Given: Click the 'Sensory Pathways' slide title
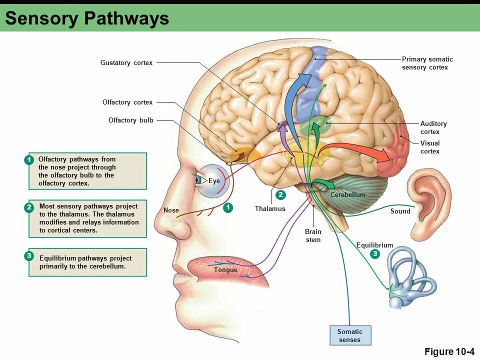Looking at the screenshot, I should (87, 18).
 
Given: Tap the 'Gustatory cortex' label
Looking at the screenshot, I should (126, 63).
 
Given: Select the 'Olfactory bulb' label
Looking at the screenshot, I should (130, 120).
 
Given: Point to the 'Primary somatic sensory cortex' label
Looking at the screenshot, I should (427, 63).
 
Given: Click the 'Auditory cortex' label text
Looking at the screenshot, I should (433, 127).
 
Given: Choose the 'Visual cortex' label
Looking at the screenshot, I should (429, 147).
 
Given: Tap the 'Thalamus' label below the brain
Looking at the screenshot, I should (270, 208).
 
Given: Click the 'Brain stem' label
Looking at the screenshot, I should (313, 235).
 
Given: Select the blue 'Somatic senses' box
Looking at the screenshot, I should (350, 335).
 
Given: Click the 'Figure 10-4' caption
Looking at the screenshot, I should (449, 352).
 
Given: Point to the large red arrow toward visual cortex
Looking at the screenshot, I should (360, 151).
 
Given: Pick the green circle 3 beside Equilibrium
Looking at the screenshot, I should (375, 254).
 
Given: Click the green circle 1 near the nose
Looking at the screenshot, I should (228, 207).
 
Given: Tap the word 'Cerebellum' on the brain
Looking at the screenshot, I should (348, 194).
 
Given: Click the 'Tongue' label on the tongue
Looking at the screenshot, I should (225, 270).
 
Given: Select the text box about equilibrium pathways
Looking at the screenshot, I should (87, 262).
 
